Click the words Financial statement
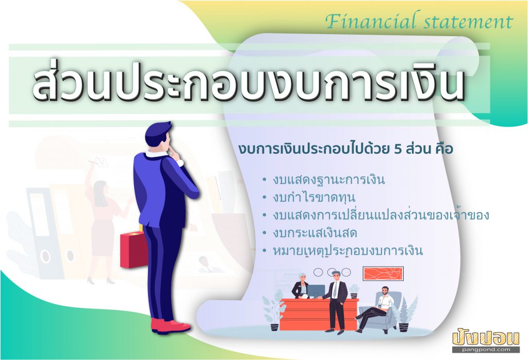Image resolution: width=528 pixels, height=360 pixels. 419,21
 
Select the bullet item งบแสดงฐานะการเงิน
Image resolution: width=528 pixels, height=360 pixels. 328,180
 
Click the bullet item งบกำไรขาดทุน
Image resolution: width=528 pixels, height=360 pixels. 314,198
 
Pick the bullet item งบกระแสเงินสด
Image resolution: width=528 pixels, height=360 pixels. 315,233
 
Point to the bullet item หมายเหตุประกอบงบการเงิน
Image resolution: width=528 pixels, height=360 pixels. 348,251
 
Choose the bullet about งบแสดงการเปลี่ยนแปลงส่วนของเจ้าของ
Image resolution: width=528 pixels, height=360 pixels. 381,215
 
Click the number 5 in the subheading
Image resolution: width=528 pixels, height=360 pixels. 398,149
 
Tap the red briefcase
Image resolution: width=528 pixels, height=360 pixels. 134,249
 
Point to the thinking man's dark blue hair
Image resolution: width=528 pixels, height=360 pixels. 158,133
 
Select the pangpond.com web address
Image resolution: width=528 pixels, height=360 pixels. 486,349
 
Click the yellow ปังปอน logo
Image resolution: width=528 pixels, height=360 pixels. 486,337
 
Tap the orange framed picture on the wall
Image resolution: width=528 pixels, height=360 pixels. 383,273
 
